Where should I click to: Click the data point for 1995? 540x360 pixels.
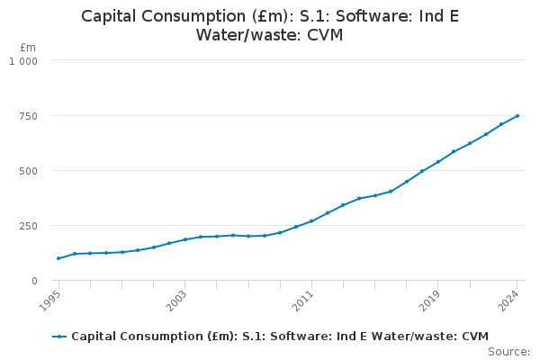[x=58, y=258]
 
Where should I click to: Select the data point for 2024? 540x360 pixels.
[x=517, y=115]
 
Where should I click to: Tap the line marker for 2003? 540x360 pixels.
[x=185, y=239]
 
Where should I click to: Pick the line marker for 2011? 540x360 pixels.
[x=311, y=220]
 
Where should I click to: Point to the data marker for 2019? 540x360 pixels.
[x=438, y=162]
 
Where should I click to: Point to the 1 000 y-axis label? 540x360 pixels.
[x=23, y=60]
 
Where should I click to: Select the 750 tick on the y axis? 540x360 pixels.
[x=29, y=115]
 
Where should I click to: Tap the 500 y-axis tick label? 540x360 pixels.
[x=29, y=170]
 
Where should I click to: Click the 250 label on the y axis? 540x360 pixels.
[x=29, y=225]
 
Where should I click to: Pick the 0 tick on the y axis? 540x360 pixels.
[x=34, y=280]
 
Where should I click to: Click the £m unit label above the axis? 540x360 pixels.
[x=28, y=47]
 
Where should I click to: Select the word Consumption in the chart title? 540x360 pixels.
[x=193, y=16]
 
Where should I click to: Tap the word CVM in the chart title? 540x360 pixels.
[x=325, y=35]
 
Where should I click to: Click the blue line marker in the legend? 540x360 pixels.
[x=59, y=337]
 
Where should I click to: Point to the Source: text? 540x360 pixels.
[x=508, y=351]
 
